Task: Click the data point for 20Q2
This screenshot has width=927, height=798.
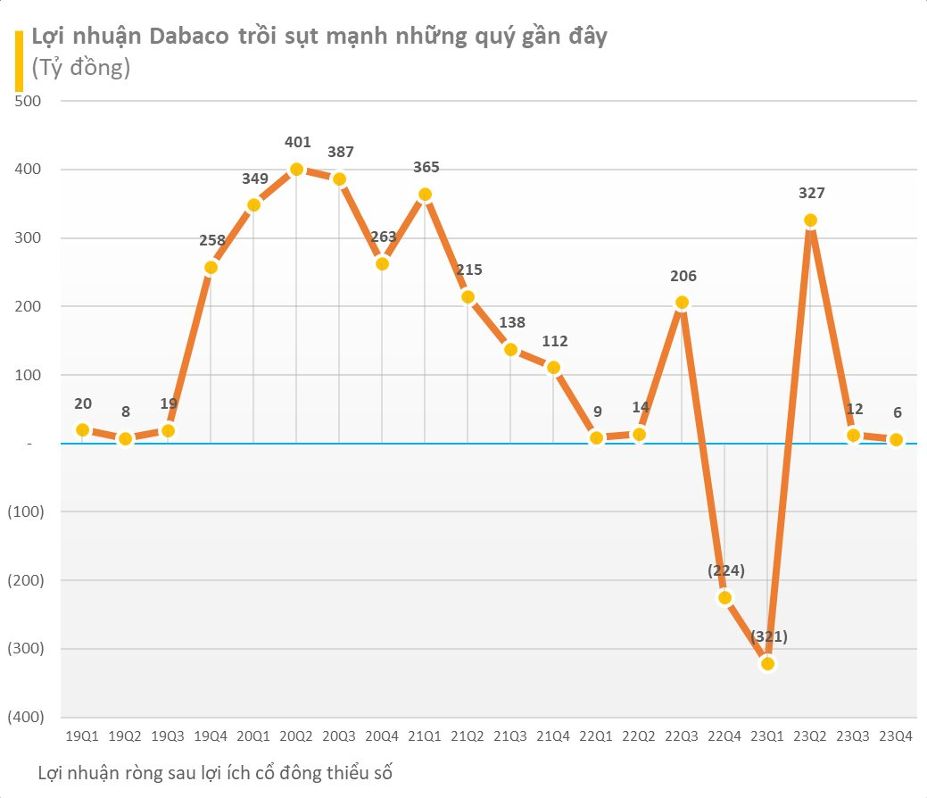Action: pos(296,170)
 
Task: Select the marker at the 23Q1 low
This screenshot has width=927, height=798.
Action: pos(767,663)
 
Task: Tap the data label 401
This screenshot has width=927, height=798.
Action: pos(297,142)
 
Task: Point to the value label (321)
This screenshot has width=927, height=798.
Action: pos(768,636)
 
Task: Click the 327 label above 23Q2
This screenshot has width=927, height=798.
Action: pos(811,193)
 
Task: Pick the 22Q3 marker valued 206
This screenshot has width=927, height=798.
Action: pos(682,303)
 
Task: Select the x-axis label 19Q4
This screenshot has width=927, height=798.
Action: pos(211,736)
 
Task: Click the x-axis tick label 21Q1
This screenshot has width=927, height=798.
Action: pos(425,736)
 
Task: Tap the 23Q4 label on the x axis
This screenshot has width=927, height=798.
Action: pos(896,736)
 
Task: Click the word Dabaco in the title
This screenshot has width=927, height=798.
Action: pos(193,37)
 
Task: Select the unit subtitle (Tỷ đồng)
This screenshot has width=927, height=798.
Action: pos(80,68)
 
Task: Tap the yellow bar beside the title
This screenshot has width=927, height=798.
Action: pos(19,61)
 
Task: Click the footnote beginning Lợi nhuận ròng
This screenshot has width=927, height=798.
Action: pos(215,772)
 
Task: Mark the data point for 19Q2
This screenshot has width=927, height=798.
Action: pos(126,438)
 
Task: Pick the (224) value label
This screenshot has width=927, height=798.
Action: pos(725,570)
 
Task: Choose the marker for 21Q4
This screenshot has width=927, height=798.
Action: pos(553,367)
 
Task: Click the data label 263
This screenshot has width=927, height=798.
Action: pos(383,237)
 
